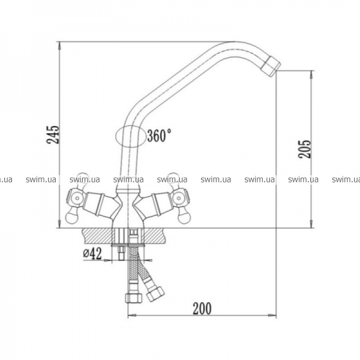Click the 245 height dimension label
tap(53, 134)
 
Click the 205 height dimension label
tap(304, 149)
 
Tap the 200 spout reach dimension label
tap(202, 308)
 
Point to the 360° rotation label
tap(159, 136)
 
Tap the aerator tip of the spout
tap(271, 66)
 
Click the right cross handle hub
tap(179, 197)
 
